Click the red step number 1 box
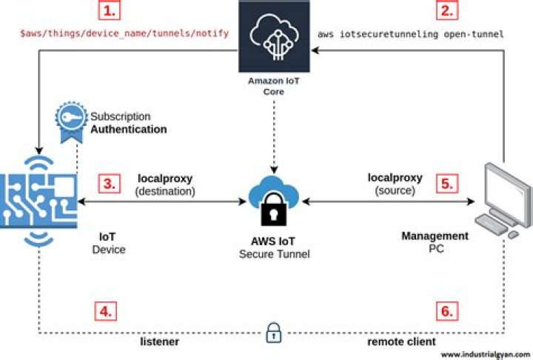[x=109, y=11]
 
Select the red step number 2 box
[x=447, y=11]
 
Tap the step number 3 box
[x=109, y=184]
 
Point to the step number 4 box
[x=107, y=311]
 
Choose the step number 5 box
[x=447, y=184]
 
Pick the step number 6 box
[x=446, y=311]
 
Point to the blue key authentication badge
[x=70, y=121]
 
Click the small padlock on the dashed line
[x=273, y=333]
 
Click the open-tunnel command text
[x=411, y=34]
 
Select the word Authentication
[x=129, y=129]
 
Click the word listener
[x=160, y=343]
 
